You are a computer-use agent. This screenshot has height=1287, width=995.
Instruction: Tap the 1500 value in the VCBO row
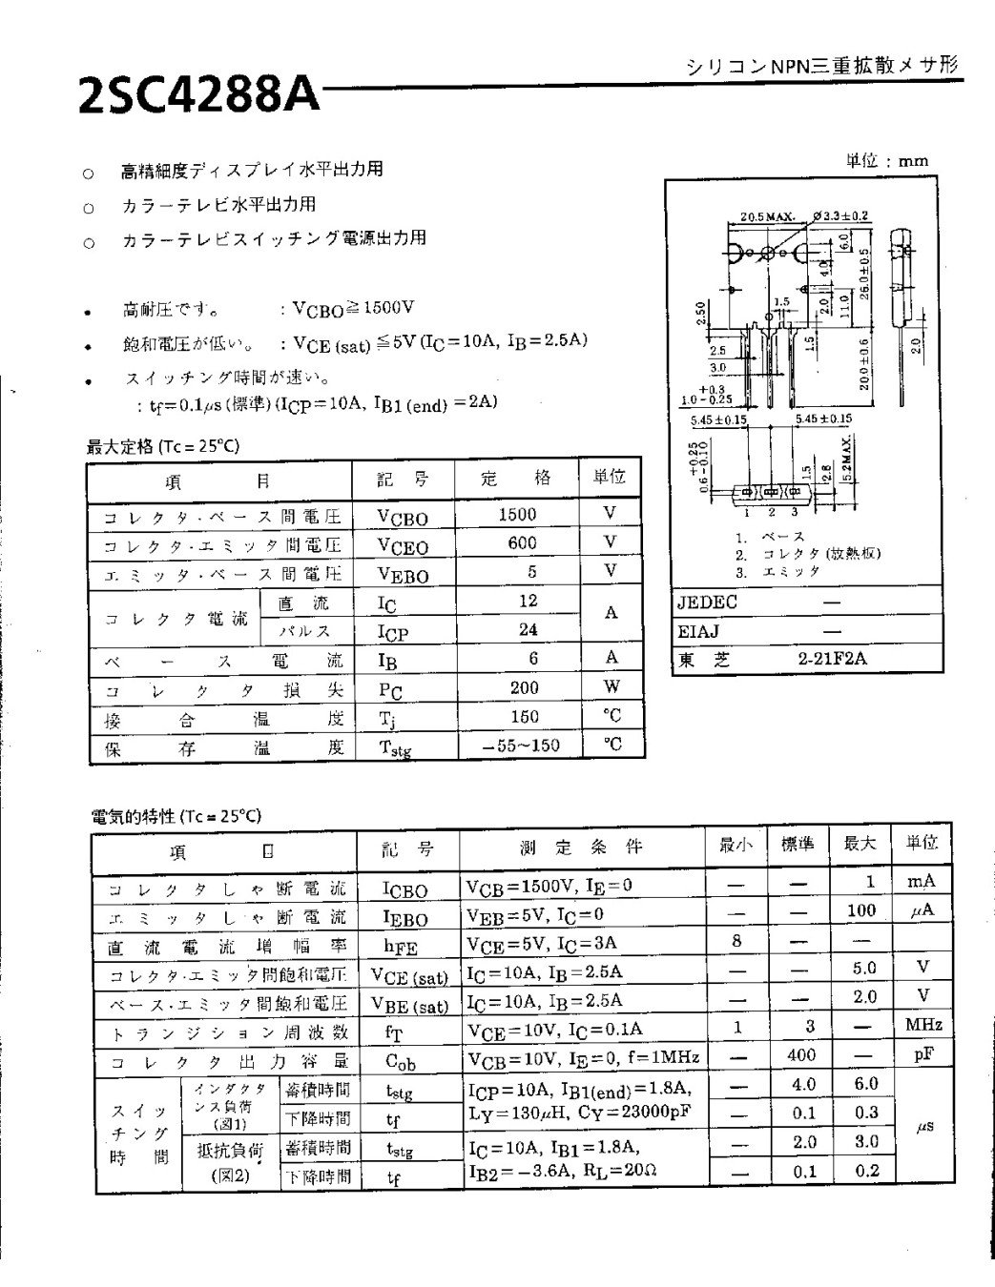(517, 514)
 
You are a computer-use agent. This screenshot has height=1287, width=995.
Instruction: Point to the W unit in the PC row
(611, 686)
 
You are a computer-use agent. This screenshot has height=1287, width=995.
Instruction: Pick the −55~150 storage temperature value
(521, 746)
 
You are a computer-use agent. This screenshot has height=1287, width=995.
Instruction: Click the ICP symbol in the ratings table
(395, 632)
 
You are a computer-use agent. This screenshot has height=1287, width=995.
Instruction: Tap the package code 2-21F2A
(833, 658)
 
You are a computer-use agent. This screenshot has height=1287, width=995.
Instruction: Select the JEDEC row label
(707, 603)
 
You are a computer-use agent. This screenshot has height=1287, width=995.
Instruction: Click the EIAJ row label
(698, 630)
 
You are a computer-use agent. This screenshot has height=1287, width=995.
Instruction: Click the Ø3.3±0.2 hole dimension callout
(840, 215)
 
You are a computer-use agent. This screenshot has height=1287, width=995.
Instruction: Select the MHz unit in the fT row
(922, 1025)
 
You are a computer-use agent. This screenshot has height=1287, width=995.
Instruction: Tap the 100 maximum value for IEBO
(860, 910)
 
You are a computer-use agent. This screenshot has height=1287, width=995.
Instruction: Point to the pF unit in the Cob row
(922, 1053)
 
